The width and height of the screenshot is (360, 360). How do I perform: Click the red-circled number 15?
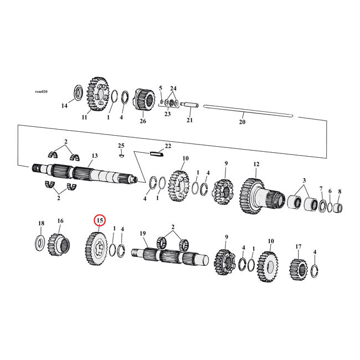point(100,220)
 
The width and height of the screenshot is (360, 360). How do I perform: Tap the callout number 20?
point(241,122)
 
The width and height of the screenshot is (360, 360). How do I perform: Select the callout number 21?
point(189,120)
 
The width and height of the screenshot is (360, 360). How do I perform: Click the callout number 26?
point(142,121)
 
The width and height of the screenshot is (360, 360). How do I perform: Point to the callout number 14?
point(64,105)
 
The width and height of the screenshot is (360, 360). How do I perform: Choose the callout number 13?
point(95,156)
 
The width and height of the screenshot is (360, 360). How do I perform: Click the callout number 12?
point(256,164)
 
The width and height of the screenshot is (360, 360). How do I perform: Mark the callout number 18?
point(41,223)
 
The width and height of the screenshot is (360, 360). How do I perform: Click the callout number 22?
point(168,146)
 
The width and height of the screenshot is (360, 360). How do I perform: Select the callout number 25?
point(121,145)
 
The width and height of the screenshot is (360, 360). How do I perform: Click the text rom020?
point(41,91)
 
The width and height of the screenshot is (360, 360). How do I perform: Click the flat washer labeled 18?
point(40,242)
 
